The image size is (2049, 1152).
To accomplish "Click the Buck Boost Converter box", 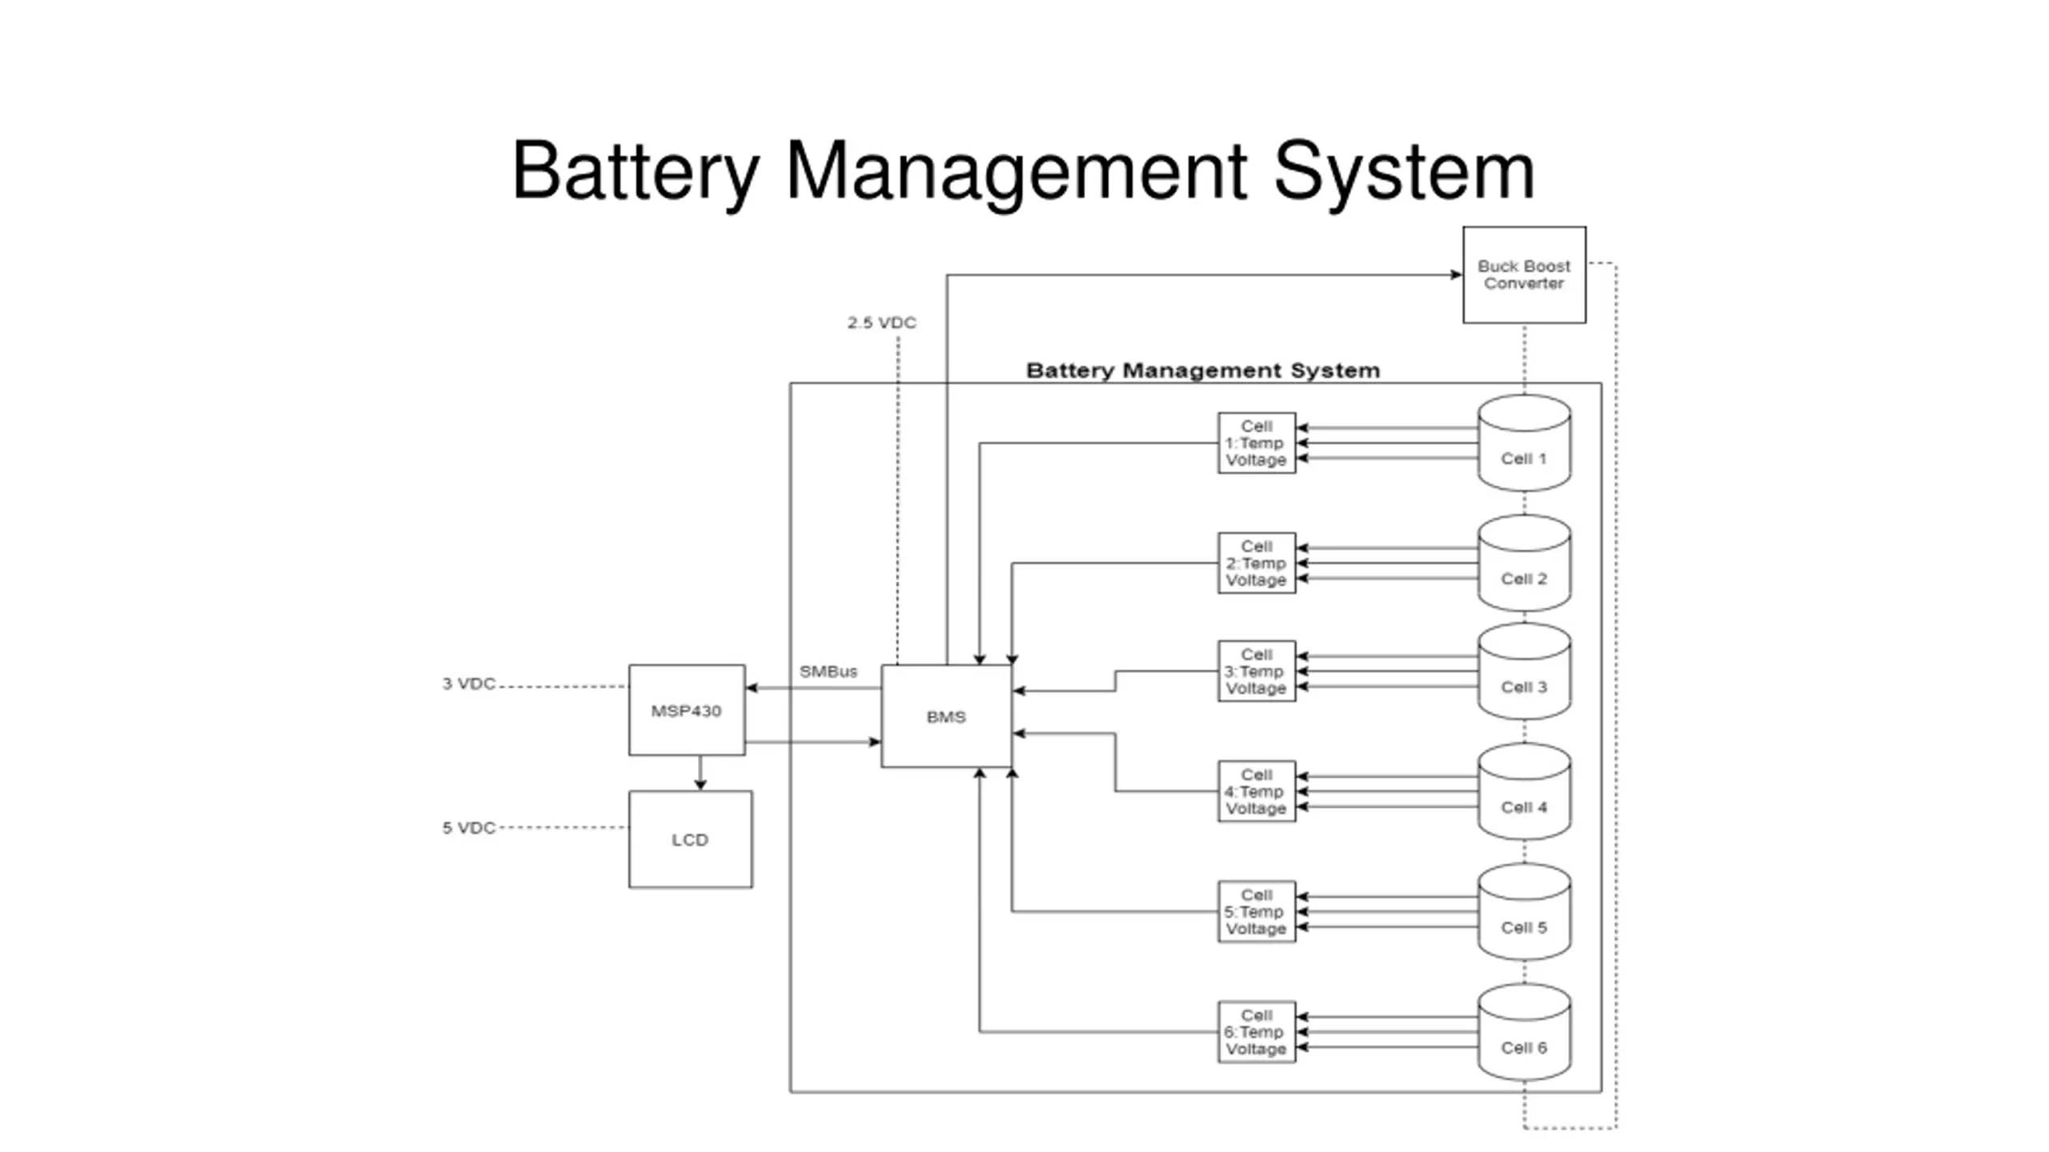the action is coord(1524,274).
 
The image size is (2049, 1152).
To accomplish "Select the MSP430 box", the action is coord(687,710).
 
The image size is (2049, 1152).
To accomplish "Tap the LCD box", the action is coord(690,839).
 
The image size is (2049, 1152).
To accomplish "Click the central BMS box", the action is coord(946,716).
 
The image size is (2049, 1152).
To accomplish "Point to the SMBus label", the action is coord(828,671).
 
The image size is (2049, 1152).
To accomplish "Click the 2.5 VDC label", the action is coord(882,322).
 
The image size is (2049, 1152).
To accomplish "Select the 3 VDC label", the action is coord(469,684).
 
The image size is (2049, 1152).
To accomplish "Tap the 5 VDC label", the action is coord(469,828).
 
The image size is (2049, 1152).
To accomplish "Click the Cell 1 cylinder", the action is coord(1524,442).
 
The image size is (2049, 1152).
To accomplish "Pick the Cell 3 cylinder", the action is coord(1524,671).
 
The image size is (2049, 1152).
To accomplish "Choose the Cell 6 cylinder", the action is coord(1524,1032).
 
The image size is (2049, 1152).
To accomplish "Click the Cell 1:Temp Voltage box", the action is coord(1257,443).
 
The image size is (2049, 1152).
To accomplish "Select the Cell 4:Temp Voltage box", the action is coord(1257,791).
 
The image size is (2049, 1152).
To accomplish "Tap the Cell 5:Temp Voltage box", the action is coord(1257,912).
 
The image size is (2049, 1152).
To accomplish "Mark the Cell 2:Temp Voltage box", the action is coord(1257,563).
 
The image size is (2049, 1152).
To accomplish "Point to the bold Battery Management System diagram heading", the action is coord(1203,370).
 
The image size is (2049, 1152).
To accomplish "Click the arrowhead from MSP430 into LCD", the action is coord(700,785).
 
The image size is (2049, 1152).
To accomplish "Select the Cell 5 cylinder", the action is coord(1524,912).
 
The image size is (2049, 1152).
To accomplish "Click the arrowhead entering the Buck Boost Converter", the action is coord(1456,275).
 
